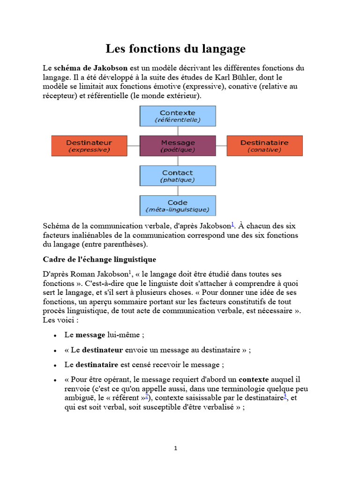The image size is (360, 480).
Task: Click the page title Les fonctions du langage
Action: click(x=175, y=49)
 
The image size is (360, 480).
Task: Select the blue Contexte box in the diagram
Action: click(x=178, y=116)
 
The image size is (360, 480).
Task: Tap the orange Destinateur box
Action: click(x=89, y=146)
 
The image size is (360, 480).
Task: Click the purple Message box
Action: click(x=178, y=146)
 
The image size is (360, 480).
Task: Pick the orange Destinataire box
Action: click(x=264, y=146)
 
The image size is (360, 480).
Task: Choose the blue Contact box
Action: click(x=178, y=176)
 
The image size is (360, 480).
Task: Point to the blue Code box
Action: click(x=178, y=206)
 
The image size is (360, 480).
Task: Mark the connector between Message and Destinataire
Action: click(x=221, y=146)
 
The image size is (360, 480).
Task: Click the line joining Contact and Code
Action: click(x=178, y=191)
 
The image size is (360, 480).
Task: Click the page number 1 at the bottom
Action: click(x=176, y=448)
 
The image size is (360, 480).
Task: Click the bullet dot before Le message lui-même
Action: click(x=55, y=336)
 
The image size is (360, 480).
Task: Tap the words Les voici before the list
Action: click(x=58, y=320)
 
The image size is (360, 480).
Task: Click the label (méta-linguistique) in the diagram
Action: click(x=178, y=210)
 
